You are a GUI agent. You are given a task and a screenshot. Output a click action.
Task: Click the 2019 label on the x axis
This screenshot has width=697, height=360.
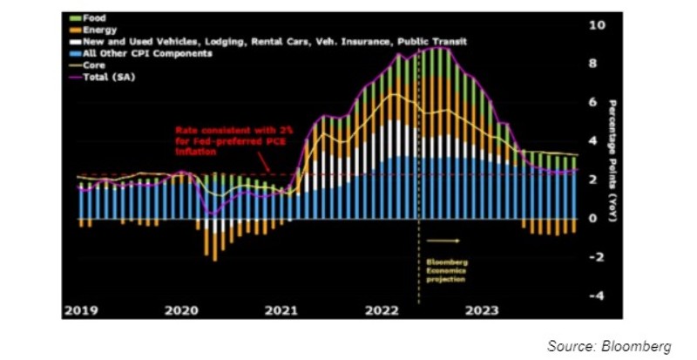80,309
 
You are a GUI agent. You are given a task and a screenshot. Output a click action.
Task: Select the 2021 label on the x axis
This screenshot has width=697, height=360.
282,309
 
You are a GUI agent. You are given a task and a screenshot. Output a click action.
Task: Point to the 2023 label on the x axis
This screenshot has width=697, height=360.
482,309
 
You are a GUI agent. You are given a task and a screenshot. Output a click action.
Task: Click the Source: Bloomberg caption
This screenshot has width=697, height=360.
609,346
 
